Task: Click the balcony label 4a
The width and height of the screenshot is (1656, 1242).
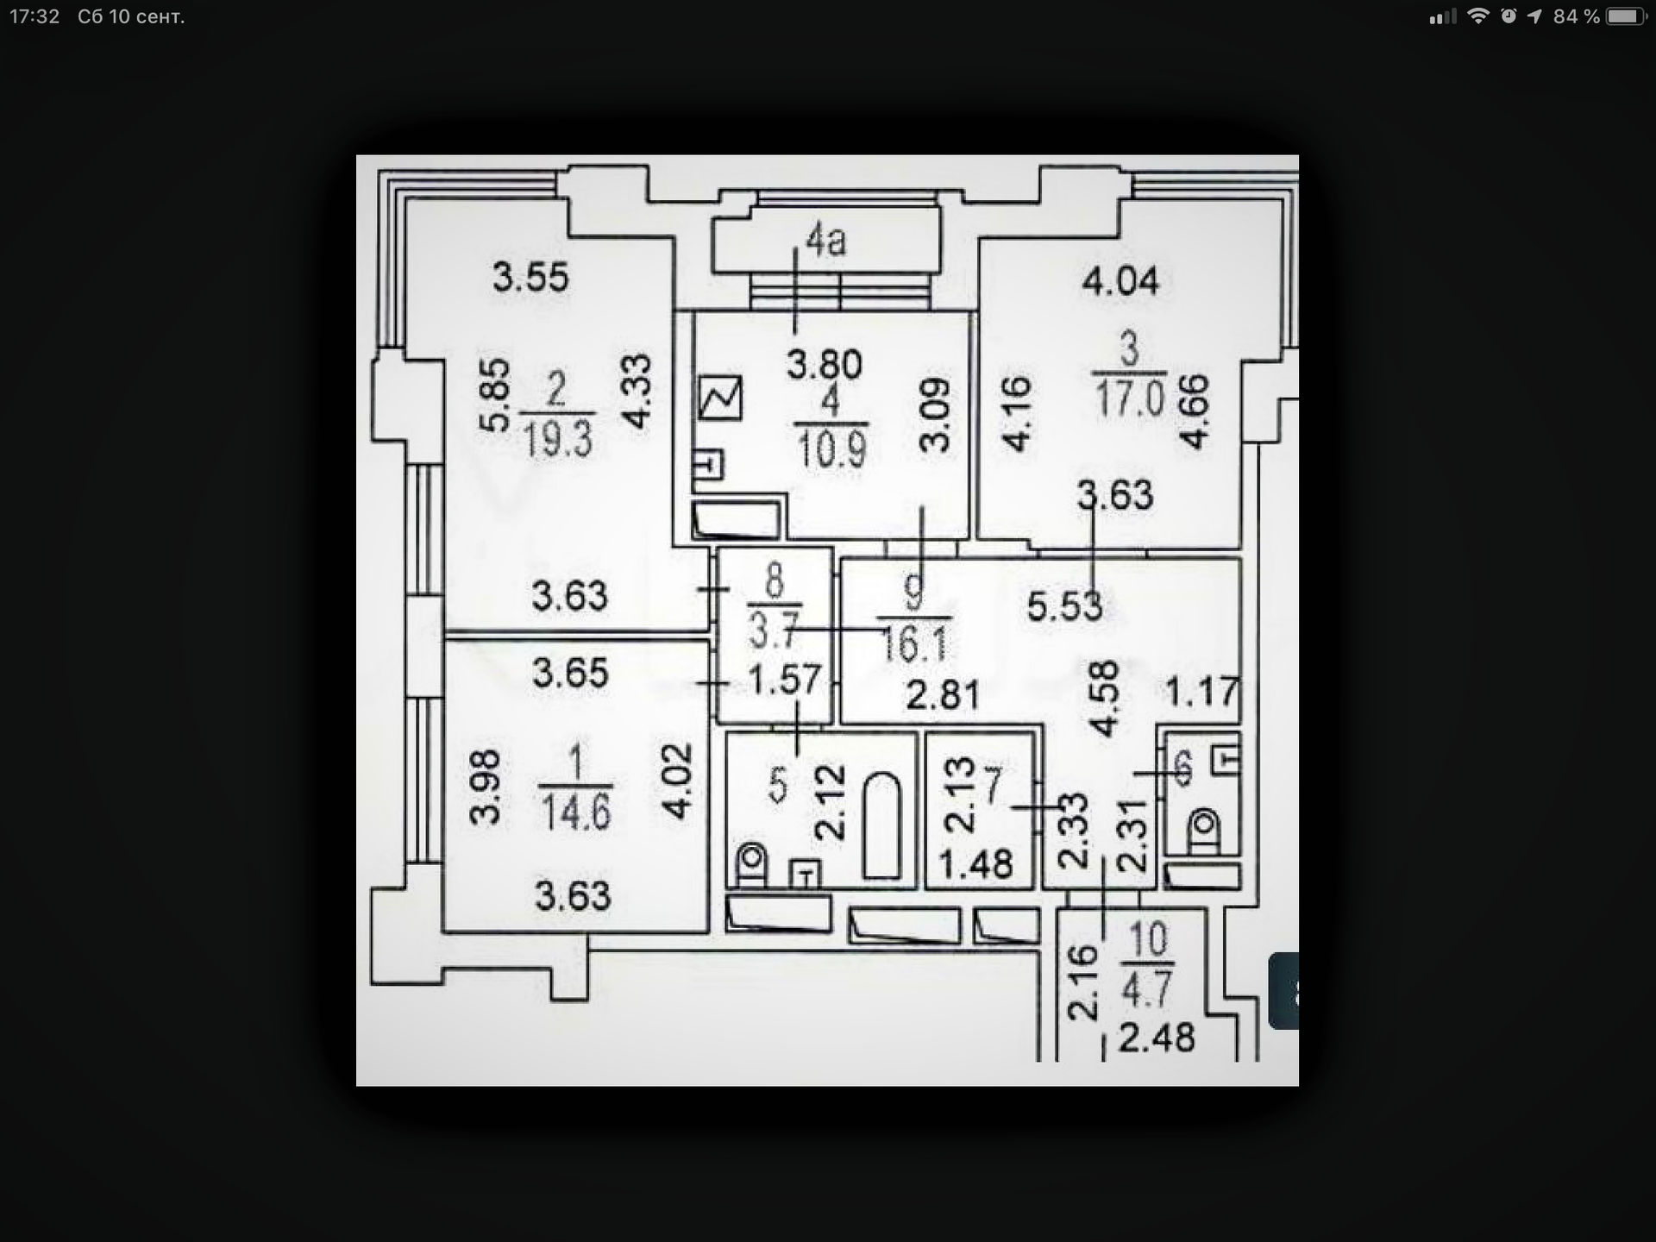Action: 825,241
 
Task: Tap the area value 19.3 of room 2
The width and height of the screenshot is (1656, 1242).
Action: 558,439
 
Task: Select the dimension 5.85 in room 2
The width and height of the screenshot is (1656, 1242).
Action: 495,395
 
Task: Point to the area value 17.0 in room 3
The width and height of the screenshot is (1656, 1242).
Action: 1130,398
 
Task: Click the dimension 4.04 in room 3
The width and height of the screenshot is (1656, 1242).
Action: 1120,281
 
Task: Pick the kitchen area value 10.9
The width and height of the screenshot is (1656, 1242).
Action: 831,448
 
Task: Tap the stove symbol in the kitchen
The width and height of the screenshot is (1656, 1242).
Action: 719,398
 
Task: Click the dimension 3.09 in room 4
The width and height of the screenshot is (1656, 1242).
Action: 935,415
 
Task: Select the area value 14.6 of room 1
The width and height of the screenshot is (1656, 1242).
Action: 576,812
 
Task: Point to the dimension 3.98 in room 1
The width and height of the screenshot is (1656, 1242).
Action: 485,787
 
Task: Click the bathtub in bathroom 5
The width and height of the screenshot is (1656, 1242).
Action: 881,825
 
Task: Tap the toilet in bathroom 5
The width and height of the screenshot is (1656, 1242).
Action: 752,864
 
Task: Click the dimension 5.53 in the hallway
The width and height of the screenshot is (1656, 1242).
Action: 1064,606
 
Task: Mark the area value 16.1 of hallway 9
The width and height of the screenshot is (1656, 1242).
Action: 914,643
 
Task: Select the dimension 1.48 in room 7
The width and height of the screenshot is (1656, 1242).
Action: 975,864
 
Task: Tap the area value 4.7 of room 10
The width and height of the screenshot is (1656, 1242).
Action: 1146,988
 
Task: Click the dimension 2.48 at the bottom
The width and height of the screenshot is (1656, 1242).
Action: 1157,1038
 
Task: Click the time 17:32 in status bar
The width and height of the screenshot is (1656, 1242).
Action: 34,16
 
